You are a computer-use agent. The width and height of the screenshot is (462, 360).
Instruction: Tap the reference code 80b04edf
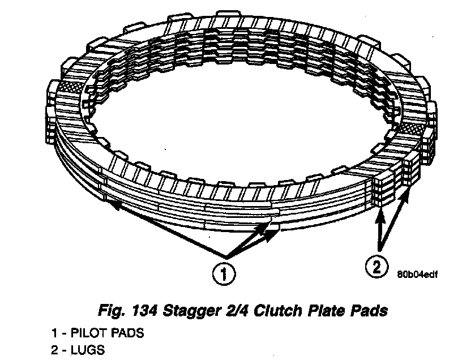(418, 273)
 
